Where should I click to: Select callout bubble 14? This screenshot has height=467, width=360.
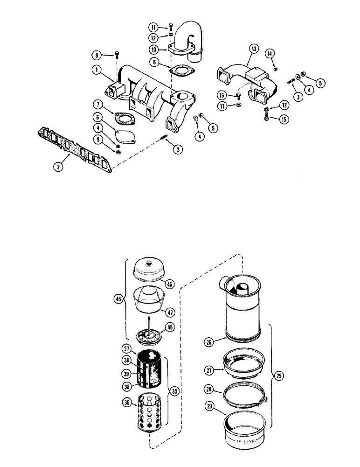click(x=269, y=55)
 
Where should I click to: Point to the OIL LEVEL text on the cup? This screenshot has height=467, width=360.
click(x=243, y=439)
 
